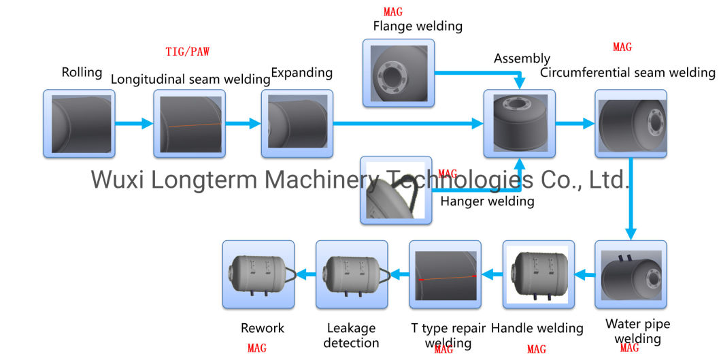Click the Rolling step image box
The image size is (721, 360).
pos(79,123)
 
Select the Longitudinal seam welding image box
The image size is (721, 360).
pos(189,123)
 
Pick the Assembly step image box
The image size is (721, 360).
pos(519,124)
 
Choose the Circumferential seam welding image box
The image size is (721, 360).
pos(631,124)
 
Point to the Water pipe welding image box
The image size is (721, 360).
pos(631,275)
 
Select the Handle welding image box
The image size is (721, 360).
pos(538,275)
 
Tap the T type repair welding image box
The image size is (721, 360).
pos(445,275)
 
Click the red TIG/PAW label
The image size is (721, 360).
pos(187,52)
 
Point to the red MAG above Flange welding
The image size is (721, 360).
pos(393,12)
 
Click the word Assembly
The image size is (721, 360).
pos(522,59)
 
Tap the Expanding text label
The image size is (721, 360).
pos(302,72)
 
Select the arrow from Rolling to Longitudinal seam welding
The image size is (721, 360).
pos(134,124)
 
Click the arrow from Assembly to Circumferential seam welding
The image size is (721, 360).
pos(575,124)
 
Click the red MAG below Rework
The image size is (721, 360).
pos(257,348)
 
